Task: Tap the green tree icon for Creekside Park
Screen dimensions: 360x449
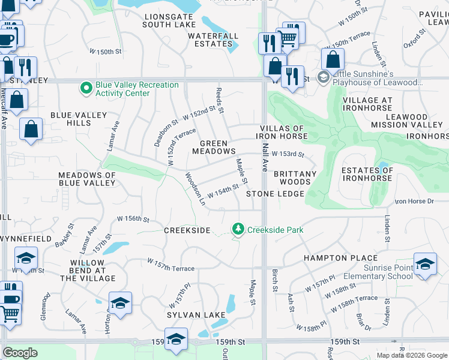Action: pos(238,230)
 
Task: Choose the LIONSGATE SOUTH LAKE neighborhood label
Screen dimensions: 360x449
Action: pos(169,20)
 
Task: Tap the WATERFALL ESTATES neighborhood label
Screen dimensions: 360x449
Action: pos(209,40)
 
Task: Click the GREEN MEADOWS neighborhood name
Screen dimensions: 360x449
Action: pos(214,147)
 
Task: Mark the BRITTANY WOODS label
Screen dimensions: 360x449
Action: pos(295,178)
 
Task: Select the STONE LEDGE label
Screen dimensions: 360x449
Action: pos(276,194)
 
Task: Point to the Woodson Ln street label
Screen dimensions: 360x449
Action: pos(195,189)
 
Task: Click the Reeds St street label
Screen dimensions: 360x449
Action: pos(220,100)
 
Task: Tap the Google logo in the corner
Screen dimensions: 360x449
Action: pos(20,353)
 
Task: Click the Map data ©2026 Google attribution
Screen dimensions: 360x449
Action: pos(411,355)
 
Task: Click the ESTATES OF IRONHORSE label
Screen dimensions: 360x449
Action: pos(367,174)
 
